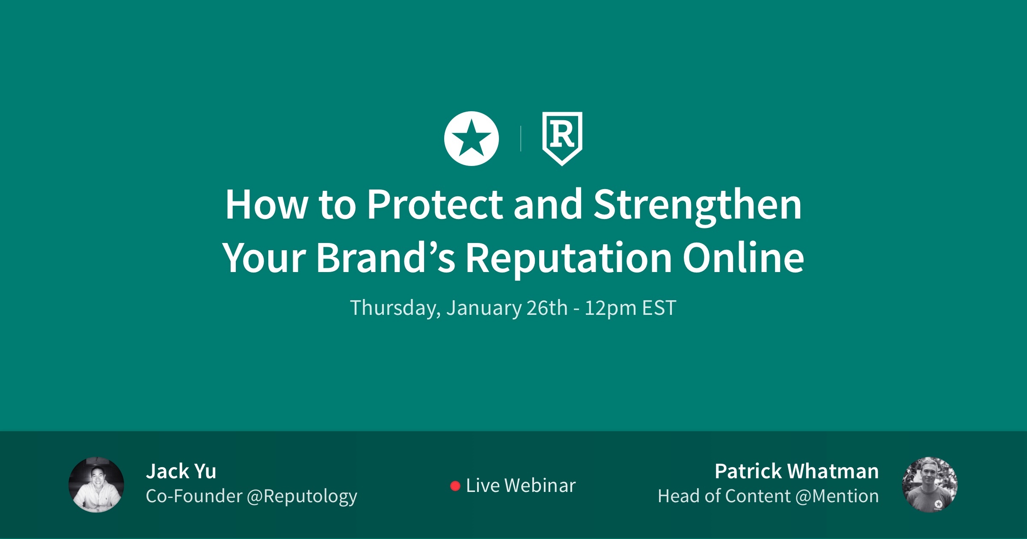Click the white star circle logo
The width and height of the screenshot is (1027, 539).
click(472, 139)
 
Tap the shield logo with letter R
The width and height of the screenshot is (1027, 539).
click(562, 139)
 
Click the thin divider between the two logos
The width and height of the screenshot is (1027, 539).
click(520, 139)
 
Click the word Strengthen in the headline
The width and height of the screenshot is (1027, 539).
click(698, 206)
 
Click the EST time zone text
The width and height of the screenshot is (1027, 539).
click(659, 308)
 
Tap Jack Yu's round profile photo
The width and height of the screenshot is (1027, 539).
click(96, 485)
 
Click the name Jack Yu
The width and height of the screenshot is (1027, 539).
click(181, 471)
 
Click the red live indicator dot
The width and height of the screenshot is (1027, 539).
click(455, 486)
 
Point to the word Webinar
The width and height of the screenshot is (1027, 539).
click(540, 486)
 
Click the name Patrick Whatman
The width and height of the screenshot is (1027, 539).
click(797, 471)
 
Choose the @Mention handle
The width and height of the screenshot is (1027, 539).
click(837, 496)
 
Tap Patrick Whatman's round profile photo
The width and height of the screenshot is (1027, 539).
click(930, 485)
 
